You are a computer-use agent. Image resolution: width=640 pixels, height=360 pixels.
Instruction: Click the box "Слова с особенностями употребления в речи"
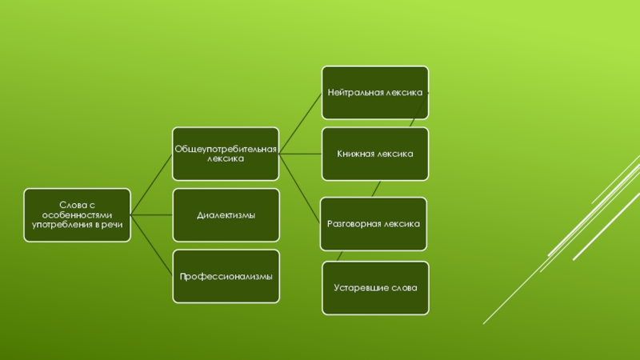tap(77, 215)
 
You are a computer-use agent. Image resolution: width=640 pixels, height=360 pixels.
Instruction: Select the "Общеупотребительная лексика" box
tap(226, 154)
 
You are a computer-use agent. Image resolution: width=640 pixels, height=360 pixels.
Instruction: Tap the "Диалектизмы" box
tap(226, 215)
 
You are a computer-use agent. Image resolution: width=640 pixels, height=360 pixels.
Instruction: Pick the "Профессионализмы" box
tap(226, 276)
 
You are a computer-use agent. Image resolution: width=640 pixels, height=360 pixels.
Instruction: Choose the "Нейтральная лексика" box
tap(374, 93)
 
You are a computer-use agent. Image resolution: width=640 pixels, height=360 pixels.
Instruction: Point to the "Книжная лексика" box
tap(374, 154)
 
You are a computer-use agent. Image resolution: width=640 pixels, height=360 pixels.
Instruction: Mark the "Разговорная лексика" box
tap(374, 225)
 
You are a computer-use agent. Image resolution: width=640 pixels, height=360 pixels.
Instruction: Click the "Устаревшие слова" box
tap(375, 286)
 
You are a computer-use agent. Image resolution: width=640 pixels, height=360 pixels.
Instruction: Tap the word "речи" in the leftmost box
tap(114, 225)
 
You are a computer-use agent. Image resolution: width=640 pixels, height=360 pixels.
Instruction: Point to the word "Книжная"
tap(357, 154)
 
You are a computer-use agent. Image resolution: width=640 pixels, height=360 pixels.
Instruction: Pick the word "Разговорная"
tap(354, 225)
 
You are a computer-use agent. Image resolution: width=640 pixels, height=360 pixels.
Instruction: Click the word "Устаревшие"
tap(357, 286)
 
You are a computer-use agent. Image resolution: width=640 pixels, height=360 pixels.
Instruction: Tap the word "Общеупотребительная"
tap(226, 149)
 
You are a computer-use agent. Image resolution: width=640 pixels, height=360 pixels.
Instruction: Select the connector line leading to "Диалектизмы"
tap(152, 215)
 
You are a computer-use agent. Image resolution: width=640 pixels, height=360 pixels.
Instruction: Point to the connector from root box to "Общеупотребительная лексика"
tap(152, 183)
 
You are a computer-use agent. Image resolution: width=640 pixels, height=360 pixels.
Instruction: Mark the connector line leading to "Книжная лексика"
tap(301, 154)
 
